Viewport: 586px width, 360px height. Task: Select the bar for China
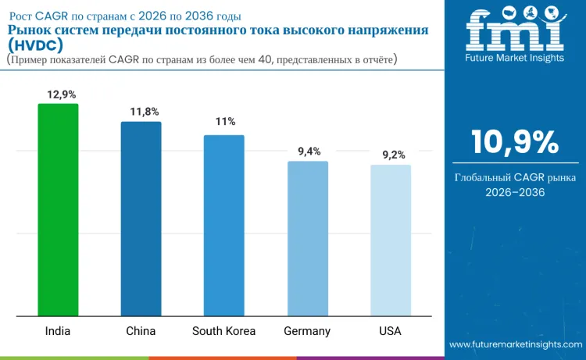[x=141, y=219]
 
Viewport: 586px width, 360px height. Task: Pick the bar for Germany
[x=307, y=238]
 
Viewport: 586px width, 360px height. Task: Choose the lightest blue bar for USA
[x=390, y=240]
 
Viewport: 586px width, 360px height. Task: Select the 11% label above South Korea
[x=226, y=122]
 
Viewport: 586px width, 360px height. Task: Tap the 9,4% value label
[x=309, y=151]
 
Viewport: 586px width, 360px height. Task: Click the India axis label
[x=58, y=331]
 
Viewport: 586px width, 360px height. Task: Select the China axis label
[x=141, y=331]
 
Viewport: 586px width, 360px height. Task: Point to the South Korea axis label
[x=223, y=331]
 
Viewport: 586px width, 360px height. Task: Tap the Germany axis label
[x=307, y=331]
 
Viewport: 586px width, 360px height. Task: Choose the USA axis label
[x=390, y=331]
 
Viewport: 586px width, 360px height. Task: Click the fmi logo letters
[x=514, y=32]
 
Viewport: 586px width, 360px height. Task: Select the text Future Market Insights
[x=514, y=59]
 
